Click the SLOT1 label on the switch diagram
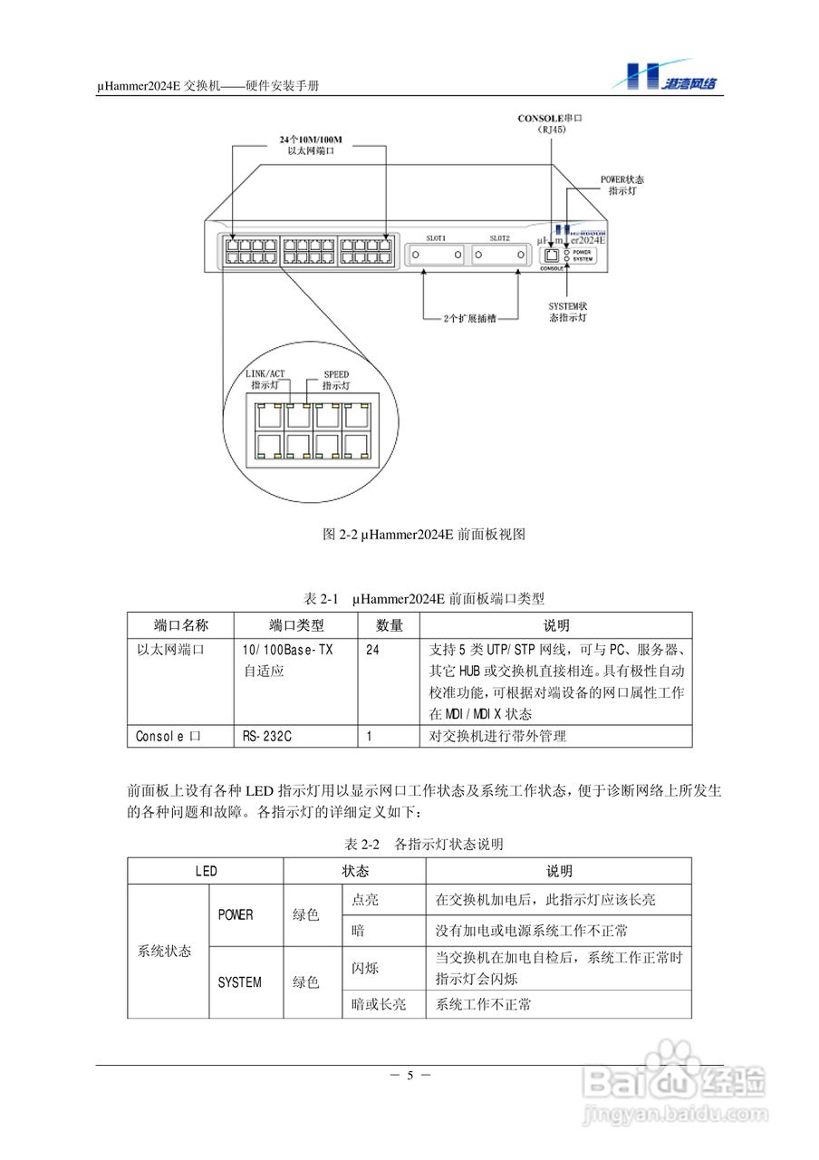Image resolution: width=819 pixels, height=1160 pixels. [437, 237]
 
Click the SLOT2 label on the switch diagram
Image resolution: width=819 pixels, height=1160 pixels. [500, 237]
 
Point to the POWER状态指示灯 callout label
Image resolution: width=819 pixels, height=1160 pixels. [622, 186]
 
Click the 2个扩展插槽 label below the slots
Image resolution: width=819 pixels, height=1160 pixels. [469, 319]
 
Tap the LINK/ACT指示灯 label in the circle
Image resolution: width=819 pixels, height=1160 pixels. [265, 378]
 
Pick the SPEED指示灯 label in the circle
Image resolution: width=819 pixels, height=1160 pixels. [335, 379]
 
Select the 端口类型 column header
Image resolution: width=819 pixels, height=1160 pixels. [296, 625]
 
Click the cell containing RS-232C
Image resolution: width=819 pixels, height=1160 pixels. [267, 736]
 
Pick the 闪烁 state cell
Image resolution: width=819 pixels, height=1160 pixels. [365, 968]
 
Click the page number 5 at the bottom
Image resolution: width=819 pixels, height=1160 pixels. [409, 1076]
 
